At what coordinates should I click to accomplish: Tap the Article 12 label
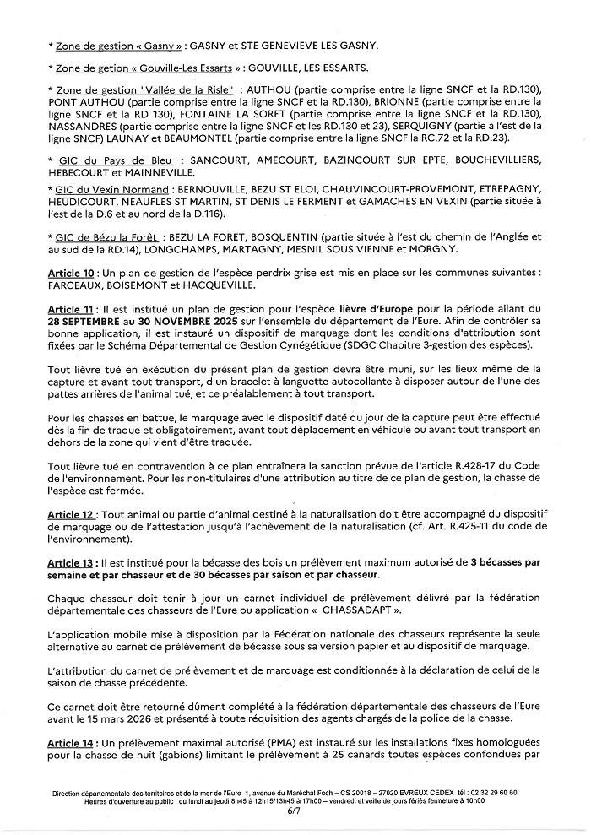(x=70, y=514)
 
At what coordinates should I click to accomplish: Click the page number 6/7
(x=294, y=811)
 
